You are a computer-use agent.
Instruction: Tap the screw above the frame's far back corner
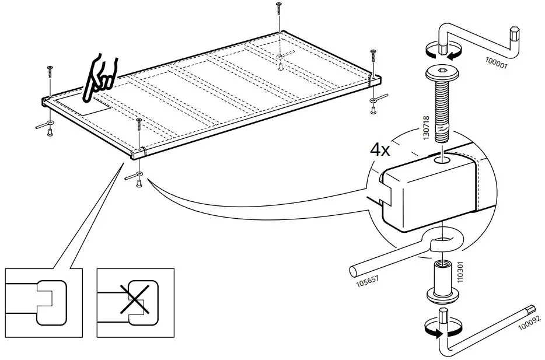[279, 9]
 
